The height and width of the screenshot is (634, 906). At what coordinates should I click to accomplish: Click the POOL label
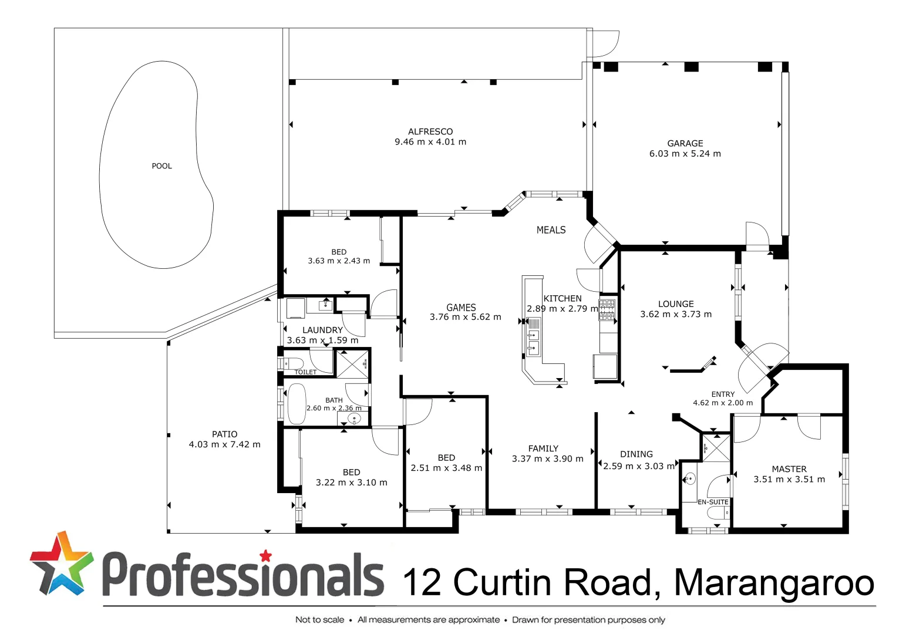point(161,166)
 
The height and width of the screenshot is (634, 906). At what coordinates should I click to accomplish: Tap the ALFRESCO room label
point(430,131)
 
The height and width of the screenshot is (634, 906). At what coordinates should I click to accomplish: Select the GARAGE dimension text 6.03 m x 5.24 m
point(685,154)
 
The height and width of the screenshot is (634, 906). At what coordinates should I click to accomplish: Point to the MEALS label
point(551,230)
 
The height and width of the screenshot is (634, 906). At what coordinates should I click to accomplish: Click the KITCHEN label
point(563,299)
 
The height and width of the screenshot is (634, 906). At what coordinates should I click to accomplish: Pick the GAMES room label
point(461,308)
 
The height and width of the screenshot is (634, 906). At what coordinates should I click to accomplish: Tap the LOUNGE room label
point(676,304)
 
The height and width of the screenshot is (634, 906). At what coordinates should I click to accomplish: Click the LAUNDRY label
point(322,331)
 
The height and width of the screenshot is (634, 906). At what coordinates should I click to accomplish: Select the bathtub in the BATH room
point(297,404)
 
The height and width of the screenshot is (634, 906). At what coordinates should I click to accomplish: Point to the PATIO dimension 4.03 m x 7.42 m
point(224,445)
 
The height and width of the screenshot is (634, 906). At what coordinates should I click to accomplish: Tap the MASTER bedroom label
point(789,469)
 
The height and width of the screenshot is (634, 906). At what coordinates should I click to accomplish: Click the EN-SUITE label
point(713,503)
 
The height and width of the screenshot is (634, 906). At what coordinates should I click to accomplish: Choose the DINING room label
point(636,454)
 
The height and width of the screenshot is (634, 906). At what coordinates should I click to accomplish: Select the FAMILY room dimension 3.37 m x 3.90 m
point(547,459)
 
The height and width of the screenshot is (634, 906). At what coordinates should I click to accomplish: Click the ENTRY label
point(723,394)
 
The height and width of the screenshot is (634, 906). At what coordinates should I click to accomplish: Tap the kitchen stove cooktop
point(607,310)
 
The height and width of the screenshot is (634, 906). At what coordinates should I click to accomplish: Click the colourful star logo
point(61,564)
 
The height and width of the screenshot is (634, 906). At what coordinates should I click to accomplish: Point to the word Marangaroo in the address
point(774,582)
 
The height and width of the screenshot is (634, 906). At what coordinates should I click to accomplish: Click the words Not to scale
point(319,620)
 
